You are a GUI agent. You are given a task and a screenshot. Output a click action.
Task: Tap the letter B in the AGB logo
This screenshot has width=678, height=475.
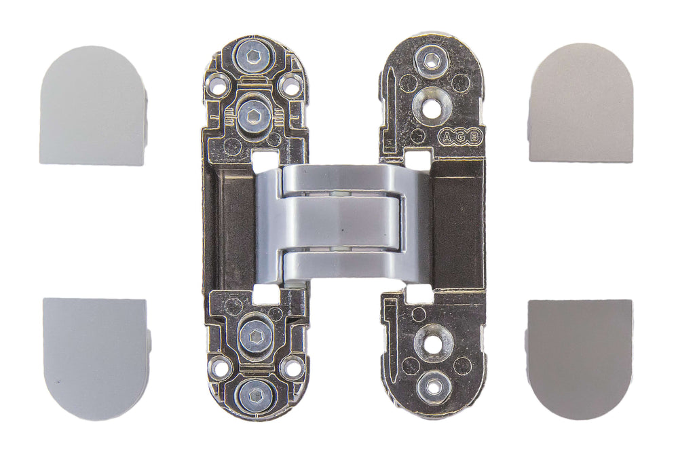pyautogui.click(x=476, y=136)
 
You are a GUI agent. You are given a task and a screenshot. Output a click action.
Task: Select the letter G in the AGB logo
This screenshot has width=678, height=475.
pyautogui.click(x=462, y=136)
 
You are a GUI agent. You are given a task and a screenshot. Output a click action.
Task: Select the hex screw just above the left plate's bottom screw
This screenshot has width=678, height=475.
pyautogui.click(x=255, y=335)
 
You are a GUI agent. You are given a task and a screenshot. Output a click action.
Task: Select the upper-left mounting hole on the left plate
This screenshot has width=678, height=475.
pyautogui.click(x=218, y=86)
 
